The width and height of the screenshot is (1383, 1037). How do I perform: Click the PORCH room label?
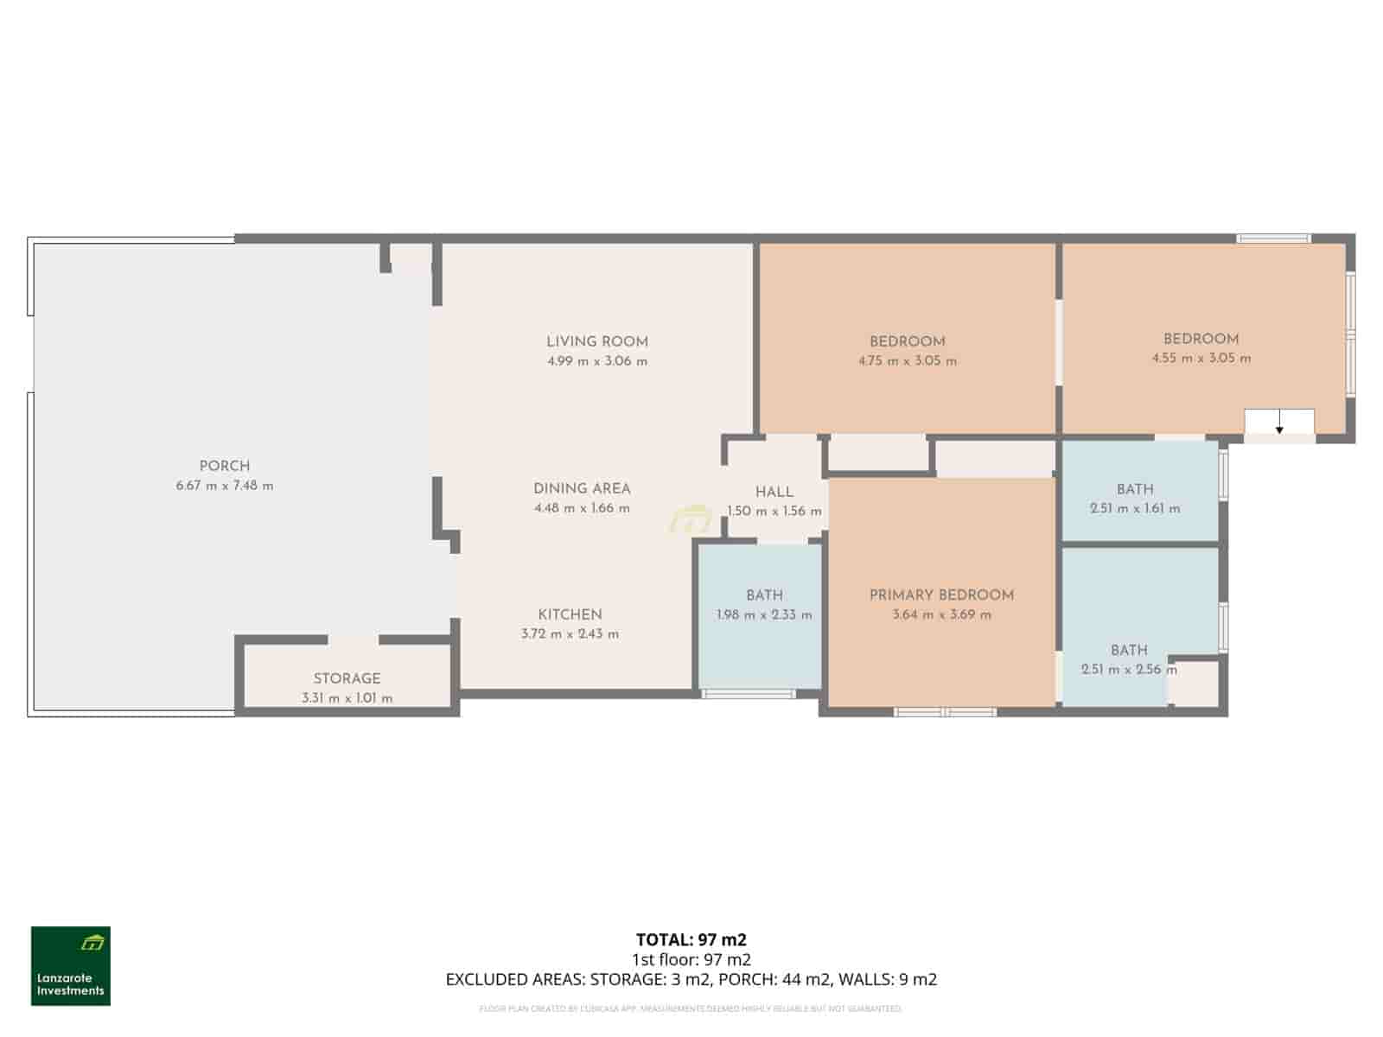(x=224, y=466)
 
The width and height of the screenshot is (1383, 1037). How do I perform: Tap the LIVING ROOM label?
(x=596, y=341)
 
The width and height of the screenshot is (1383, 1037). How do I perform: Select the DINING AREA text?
(x=582, y=488)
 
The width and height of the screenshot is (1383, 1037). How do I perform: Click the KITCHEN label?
(x=570, y=614)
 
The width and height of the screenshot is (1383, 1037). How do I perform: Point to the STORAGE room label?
(x=347, y=678)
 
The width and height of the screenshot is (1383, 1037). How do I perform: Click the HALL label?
(x=774, y=492)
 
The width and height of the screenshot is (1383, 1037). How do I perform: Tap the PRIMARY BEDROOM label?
(x=941, y=595)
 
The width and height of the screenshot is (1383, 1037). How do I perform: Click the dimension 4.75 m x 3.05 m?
(x=907, y=361)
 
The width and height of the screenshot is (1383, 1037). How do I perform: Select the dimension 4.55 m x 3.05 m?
(x=1201, y=358)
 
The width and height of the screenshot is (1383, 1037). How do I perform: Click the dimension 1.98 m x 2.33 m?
(x=764, y=615)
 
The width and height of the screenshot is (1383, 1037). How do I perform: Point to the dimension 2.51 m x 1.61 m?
(x=1134, y=508)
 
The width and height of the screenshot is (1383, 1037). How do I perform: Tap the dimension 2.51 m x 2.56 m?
(x=1128, y=669)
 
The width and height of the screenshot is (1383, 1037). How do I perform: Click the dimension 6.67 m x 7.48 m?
(x=224, y=486)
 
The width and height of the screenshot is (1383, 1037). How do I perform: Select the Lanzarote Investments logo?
(x=71, y=966)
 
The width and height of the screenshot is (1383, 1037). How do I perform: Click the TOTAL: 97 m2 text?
(x=691, y=939)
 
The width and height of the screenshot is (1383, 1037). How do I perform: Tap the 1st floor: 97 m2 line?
(x=691, y=959)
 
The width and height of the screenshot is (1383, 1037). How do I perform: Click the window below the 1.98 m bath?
(x=748, y=693)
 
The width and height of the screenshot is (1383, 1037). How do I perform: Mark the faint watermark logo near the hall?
(x=690, y=521)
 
